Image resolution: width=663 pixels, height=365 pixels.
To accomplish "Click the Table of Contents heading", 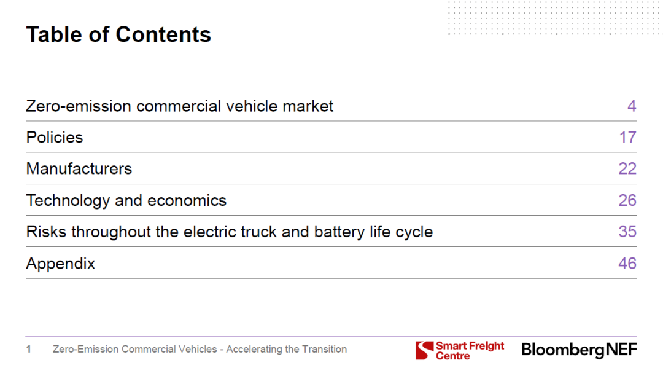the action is pyautogui.click(x=118, y=35).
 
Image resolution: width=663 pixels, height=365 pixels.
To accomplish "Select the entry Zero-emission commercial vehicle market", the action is pyautogui.click(x=180, y=106).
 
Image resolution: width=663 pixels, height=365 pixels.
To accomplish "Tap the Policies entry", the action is pyautogui.click(x=55, y=137).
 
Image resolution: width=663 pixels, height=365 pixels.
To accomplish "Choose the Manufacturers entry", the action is pyautogui.click(x=79, y=168).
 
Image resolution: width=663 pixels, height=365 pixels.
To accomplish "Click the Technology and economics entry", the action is pyautogui.click(x=126, y=201).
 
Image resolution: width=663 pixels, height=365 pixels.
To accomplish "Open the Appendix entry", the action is pyautogui.click(x=61, y=264).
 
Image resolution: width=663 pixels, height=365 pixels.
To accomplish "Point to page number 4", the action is pyautogui.click(x=632, y=106).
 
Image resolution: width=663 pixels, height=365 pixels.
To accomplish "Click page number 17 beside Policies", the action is pyautogui.click(x=628, y=137).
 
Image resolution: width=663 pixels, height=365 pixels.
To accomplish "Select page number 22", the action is pyautogui.click(x=627, y=168).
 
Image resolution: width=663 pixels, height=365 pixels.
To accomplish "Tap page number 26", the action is pyautogui.click(x=627, y=200).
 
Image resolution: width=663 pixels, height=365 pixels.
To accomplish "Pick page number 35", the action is pyautogui.click(x=627, y=232).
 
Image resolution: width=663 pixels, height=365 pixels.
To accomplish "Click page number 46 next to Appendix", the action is pyautogui.click(x=627, y=264).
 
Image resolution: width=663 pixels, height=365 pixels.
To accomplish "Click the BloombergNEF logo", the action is pyautogui.click(x=580, y=350).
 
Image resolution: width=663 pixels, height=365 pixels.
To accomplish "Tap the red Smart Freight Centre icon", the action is pyautogui.click(x=425, y=350).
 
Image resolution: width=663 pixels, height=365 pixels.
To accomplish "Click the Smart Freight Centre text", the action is pyautogui.click(x=470, y=351).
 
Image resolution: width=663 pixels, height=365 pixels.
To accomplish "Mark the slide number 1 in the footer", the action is pyautogui.click(x=28, y=350).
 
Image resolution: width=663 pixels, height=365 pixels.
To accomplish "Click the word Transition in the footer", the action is pyautogui.click(x=324, y=350).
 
